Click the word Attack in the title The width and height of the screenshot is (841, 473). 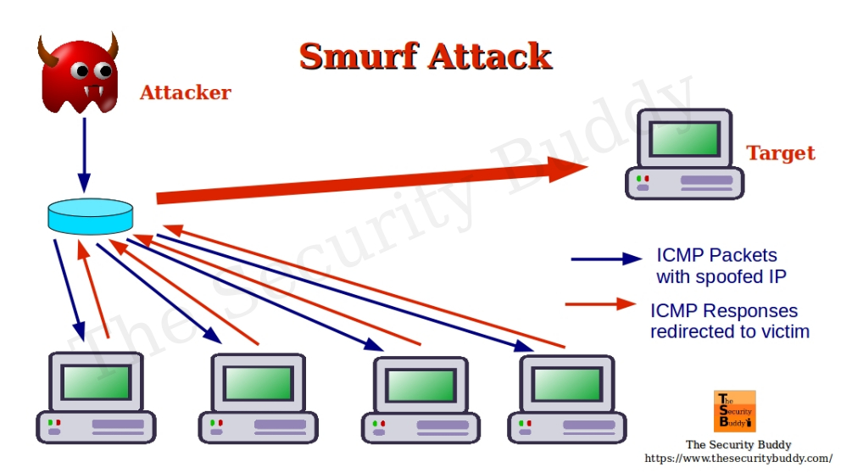[489, 58]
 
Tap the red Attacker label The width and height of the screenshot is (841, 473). [185, 93]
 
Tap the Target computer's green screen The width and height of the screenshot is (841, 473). [684, 138]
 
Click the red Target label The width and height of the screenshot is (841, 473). [780, 153]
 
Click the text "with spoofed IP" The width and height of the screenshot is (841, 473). [721, 277]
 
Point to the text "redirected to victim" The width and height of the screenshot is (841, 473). [729, 331]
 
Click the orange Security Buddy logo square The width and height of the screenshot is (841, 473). [734, 411]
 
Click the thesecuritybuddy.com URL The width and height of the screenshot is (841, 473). [738, 459]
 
